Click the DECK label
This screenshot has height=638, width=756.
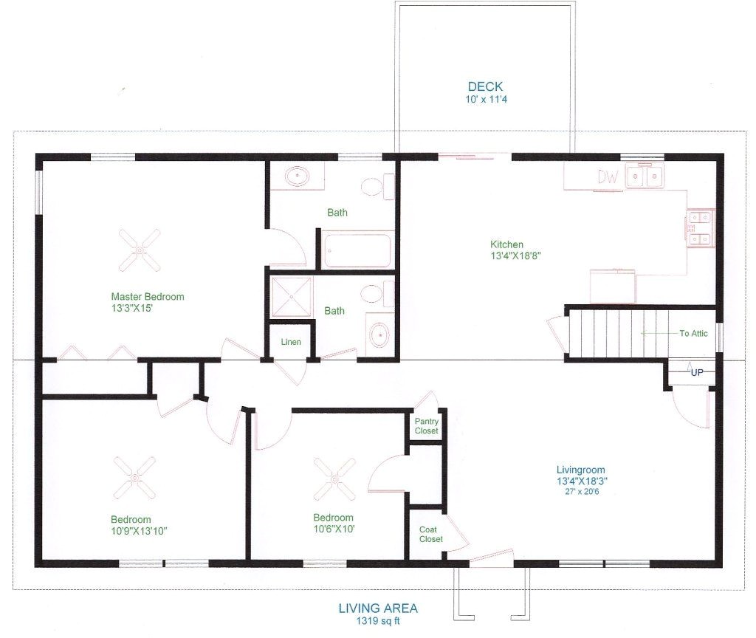click(485, 86)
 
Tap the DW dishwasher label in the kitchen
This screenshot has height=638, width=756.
click(608, 176)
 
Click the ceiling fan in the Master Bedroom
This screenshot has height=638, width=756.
click(140, 250)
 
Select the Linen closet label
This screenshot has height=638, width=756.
click(291, 342)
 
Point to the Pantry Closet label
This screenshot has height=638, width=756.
click(426, 426)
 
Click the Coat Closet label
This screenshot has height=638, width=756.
click(431, 534)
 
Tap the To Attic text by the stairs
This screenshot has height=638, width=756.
click(693, 333)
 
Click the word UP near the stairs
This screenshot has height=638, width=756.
click(697, 373)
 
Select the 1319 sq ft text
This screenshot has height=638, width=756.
click(378, 621)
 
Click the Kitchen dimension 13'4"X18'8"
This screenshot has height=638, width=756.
click(507, 256)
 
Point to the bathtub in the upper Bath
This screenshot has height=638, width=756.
click(357, 250)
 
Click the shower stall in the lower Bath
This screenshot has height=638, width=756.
click(292, 297)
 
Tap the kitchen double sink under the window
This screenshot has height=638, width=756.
click(645, 176)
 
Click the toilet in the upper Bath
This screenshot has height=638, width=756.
click(375, 186)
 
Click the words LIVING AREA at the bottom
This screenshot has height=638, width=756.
click(378, 608)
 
